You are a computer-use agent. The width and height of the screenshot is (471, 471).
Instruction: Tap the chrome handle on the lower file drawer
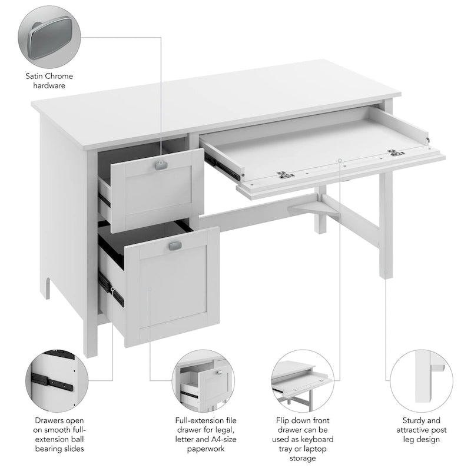[x=175, y=246]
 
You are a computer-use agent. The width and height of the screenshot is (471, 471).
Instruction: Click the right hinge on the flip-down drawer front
[x=392, y=154]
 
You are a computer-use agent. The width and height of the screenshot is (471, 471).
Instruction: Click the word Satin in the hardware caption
[x=37, y=76]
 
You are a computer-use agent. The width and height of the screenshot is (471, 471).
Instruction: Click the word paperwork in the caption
[x=205, y=449]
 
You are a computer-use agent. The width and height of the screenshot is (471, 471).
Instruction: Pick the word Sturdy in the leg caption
[x=414, y=421]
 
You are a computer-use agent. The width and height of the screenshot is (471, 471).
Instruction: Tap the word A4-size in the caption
[x=219, y=440]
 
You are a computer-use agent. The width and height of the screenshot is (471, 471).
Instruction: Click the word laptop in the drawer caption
[x=321, y=449]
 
